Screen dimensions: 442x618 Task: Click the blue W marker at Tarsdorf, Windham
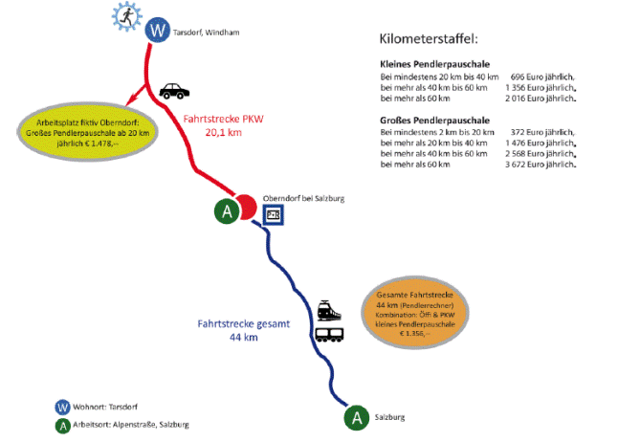click(157, 32)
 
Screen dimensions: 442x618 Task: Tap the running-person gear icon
click(124, 16)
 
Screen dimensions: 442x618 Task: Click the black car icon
click(173, 91)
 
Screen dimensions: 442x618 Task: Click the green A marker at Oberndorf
click(226, 211)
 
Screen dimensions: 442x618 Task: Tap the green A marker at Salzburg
click(357, 417)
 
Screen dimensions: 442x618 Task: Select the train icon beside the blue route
click(330, 312)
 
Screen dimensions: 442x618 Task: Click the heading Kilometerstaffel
click(428, 39)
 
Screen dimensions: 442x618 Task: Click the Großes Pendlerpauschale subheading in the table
click(424, 120)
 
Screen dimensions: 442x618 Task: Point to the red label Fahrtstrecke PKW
click(223, 119)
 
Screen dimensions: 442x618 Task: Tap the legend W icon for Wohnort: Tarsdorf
click(63, 407)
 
